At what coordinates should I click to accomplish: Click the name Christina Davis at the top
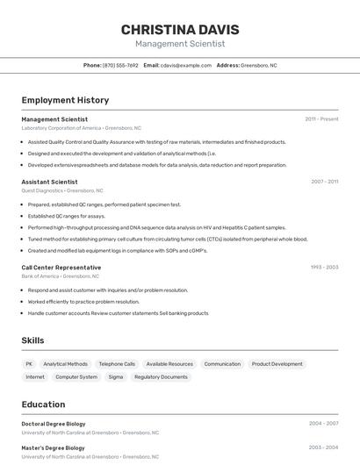tap(180, 30)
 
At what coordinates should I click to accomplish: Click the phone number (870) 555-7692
tap(120, 65)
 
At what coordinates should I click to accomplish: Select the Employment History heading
tap(65, 100)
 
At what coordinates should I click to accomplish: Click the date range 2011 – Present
tap(321, 119)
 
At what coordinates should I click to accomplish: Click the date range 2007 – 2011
tap(324, 182)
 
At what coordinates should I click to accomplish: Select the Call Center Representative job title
tap(61, 267)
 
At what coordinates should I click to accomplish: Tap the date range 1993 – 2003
tap(324, 267)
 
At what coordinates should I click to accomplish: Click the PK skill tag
tap(29, 363)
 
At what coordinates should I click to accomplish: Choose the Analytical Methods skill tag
tap(66, 363)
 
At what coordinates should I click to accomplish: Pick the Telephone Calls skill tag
tap(117, 363)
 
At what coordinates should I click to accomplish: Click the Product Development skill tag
tap(277, 363)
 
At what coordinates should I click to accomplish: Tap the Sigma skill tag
tap(116, 376)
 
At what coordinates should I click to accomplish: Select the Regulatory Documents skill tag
tap(161, 376)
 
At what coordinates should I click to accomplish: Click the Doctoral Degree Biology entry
tap(54, 424)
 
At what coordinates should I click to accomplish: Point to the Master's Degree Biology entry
tap(54, 448)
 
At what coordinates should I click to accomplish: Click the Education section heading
tap(43, 404)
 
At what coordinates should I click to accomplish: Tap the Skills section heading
tap(32, 340)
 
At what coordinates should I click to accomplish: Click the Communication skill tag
tap(222, 363)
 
